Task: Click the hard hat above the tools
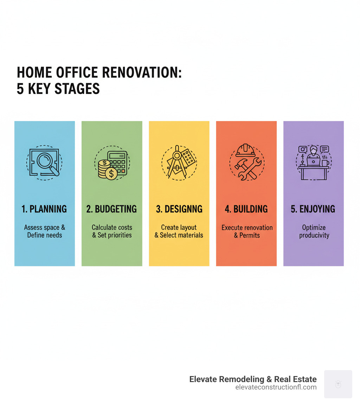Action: (x=246, y=150)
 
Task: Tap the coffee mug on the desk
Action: (x=324, y=163)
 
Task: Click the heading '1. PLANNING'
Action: (x=44, y=209)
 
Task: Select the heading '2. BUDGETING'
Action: (x=112, y=209)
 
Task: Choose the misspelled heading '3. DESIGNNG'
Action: (x=179, y=209)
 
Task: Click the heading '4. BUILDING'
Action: (x=246, y=209)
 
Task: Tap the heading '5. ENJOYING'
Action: (x=313, y=209)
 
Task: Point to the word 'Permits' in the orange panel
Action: (x=250, y=235)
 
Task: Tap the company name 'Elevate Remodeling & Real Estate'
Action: (x=253, y=379)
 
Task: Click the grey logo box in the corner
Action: (x=338, y=384)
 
